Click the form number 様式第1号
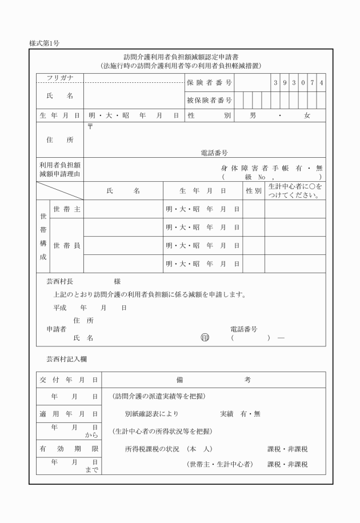(x=45, y=43)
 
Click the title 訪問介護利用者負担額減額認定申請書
(x=181, y=57)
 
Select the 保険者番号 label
(x=209, y=83)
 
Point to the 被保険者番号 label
(x=209, y=101)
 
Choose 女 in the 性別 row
(x=307, y=115)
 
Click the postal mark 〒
(x=90, y=126)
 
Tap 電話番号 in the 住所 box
(x=214, y=153)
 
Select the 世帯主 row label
(x=66, y=209)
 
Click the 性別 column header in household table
(x=254, y=191)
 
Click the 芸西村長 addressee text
(x=59, y=282)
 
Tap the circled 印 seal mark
(x=205, y=337)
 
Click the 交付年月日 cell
(x=69, y=380)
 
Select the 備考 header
(x=213, y=380)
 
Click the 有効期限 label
(x=69, y=449)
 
